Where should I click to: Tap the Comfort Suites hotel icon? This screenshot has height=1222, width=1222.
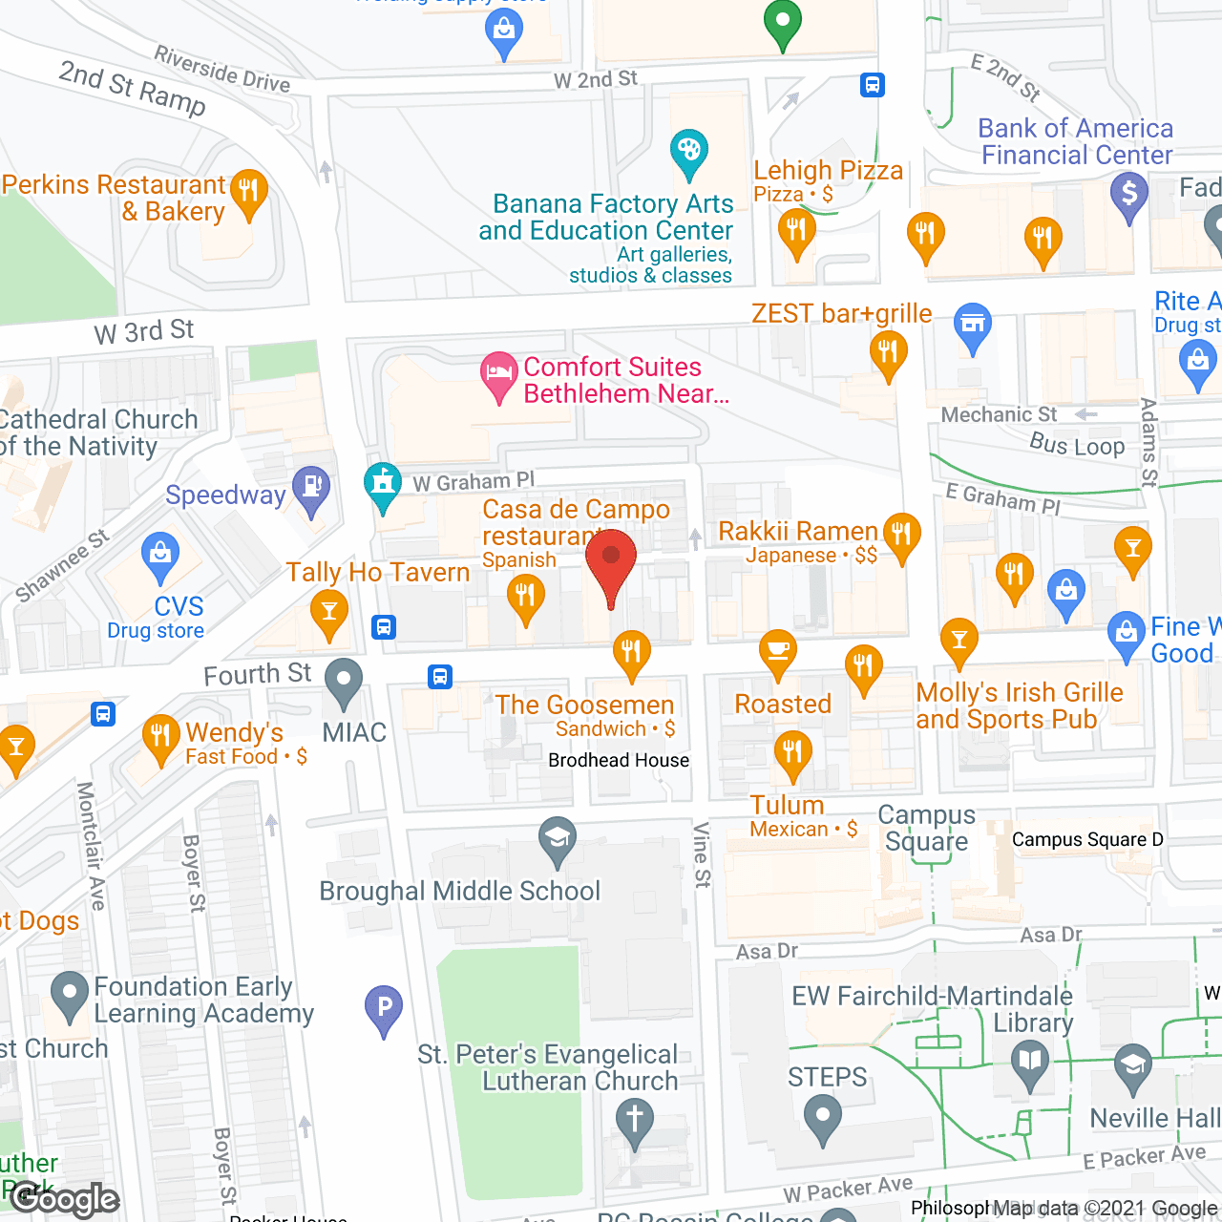pos(498,373)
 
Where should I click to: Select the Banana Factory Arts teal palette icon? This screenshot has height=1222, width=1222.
pos(688,152)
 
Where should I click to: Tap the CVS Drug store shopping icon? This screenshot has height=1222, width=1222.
pos(159,554)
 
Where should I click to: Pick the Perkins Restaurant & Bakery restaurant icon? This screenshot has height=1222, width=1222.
pos(248,191)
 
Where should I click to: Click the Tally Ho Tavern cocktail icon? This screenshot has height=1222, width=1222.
pos(329,611)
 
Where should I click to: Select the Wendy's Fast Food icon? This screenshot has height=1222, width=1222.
pos(160,736)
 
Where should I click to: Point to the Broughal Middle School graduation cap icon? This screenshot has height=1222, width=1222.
pos(557,839)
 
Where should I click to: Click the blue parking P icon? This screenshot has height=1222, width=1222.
pos(384,1007)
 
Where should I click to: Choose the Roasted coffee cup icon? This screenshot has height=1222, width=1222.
pos(778,651)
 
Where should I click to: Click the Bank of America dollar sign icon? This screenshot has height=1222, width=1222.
pos(1129,194)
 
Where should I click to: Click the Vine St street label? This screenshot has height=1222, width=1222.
pos(702,854)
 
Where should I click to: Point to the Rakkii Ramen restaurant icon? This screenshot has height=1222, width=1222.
pos(901,534)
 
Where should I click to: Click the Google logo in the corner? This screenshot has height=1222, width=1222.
pos(65,1200)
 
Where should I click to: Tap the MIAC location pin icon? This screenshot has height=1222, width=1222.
pos(344,681)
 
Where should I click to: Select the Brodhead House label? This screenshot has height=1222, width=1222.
pos(619,760)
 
